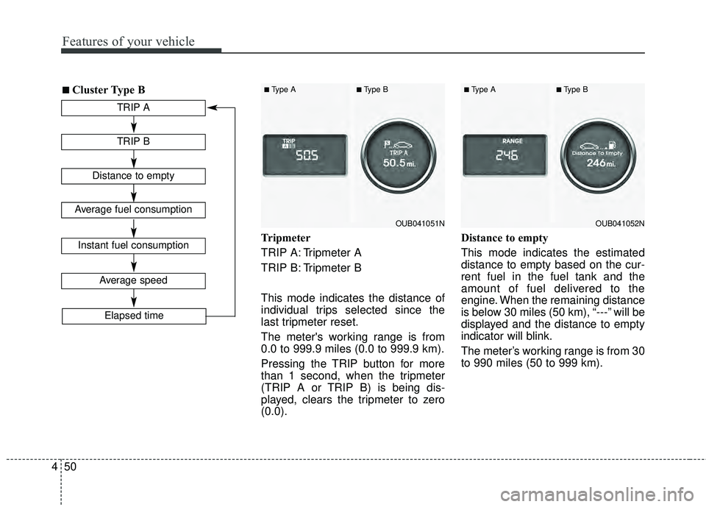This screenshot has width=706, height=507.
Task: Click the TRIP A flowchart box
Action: tap(133, 108)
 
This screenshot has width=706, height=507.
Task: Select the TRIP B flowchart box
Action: tap(133, 142)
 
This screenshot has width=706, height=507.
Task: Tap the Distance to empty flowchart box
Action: tap(133, 176)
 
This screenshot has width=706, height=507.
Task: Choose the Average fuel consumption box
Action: tap(133, 210)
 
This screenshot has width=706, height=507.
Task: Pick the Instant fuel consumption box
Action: tap(133, 246)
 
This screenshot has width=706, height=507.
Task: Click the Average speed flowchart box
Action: tap(133, 280)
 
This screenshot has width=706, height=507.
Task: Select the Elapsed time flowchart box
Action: tap(133, 316)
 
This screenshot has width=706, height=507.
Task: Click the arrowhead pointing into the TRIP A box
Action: tap(212, 108)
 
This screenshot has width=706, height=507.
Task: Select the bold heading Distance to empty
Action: tap(504, 238)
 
